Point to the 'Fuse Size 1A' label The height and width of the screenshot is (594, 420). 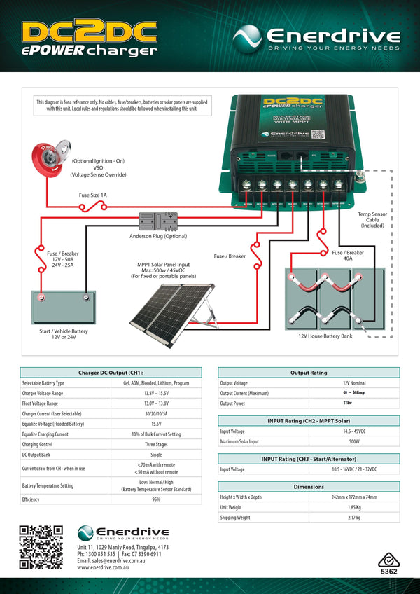tap(93, 195)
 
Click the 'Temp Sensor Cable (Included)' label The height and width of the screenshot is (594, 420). tap(372, 220)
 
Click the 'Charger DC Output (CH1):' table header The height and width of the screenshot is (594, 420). tap(111, 373)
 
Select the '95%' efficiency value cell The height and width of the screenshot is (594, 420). tap(156, 499)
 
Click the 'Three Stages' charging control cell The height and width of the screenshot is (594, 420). tap(156, 443)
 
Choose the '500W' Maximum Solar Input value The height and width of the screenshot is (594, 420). tap(355, 441)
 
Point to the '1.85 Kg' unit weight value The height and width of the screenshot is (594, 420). tap(355, 506)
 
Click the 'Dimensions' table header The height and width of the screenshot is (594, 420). tap(309, 486)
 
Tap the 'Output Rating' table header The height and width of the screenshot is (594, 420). tap(309, 373)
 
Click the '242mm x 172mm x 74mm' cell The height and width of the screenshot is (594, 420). tap(355, 497)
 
